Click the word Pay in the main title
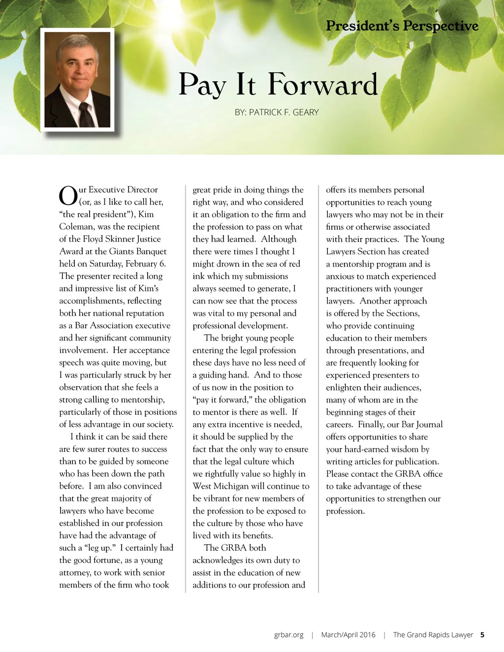click(202, 85)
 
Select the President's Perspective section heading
click(402, 26)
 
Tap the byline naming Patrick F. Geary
click(277, 112)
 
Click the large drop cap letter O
click(68, 196)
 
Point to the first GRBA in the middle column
click(233, 548)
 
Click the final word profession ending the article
click(345, 511)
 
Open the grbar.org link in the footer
click(289, 635)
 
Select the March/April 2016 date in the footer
click(348, 635)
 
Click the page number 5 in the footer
click(482, 635)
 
